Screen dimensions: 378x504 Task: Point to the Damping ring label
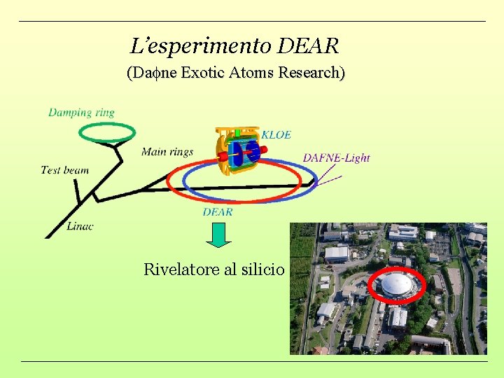81,112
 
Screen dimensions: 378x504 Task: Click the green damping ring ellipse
106,125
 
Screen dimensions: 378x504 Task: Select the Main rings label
167,151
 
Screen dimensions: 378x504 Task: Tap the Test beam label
65,169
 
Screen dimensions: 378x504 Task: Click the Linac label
80,225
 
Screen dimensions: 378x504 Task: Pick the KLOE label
276,134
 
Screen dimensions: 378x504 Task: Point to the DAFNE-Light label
336,158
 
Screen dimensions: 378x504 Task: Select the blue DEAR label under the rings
218,211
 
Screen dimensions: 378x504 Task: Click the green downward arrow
219,234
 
